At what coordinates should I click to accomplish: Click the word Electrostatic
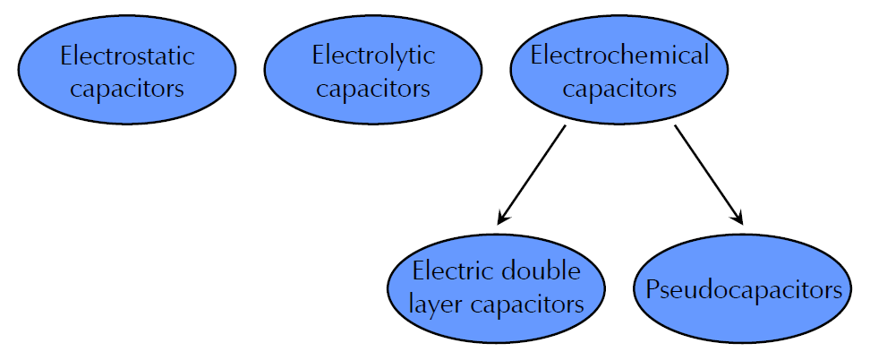(126, 57)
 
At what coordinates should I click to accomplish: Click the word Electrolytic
(373, 56)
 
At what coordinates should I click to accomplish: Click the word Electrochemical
(619, 56)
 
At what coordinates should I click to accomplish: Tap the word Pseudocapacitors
(742, 290)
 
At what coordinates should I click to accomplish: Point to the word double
(540, 271)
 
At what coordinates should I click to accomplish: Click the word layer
(439, 304)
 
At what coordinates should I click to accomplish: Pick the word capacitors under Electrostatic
(126, 90)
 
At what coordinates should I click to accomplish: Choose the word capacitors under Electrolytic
(373, 90)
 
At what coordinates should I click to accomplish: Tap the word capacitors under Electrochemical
(619, 90)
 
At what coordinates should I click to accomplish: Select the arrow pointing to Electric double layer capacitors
(532, 174)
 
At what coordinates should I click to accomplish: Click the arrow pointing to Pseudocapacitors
(708, 174)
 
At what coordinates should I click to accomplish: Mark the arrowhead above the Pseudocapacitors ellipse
(739, 217)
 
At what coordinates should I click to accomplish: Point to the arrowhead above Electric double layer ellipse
(502, 217)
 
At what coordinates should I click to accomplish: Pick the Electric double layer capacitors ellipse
(498, 328)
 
